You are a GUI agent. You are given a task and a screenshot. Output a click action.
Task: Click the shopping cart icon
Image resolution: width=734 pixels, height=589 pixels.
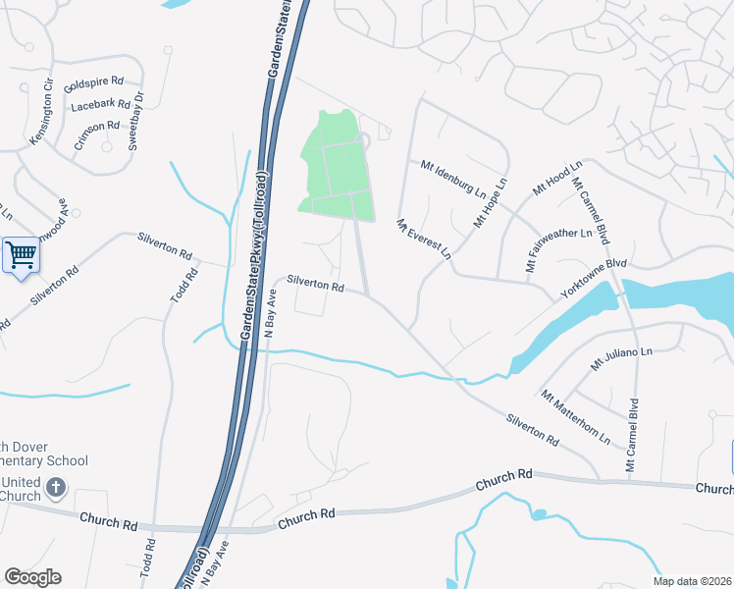click(x=21, y=255)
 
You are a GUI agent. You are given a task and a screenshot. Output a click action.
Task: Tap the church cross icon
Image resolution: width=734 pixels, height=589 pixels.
click(x=56, y=487)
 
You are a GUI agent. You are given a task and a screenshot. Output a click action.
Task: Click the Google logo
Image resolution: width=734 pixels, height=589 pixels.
click(x=31, y=577)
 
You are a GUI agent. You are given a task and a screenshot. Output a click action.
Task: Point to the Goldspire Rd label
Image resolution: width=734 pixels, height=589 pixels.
click(x=93, y=83)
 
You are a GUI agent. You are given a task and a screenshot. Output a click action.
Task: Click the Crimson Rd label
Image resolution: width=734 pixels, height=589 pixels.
click(x=96, y=135)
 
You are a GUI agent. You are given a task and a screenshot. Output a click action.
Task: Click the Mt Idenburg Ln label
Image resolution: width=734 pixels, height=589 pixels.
click(x=454, y=176)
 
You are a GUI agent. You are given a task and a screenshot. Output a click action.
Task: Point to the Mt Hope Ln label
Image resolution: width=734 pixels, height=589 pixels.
click(x=492, y=202)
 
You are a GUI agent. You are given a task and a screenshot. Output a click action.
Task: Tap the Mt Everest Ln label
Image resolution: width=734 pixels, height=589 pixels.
click(x=424, y=239)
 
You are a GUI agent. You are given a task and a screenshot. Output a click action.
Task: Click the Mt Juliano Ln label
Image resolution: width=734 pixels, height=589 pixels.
click(x=620, y=358)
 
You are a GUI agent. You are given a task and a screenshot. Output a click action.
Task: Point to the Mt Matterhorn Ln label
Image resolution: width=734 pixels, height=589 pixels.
click(x=575, y=415)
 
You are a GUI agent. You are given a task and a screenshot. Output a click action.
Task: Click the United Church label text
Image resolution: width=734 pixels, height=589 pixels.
click(x=21, y=489)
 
